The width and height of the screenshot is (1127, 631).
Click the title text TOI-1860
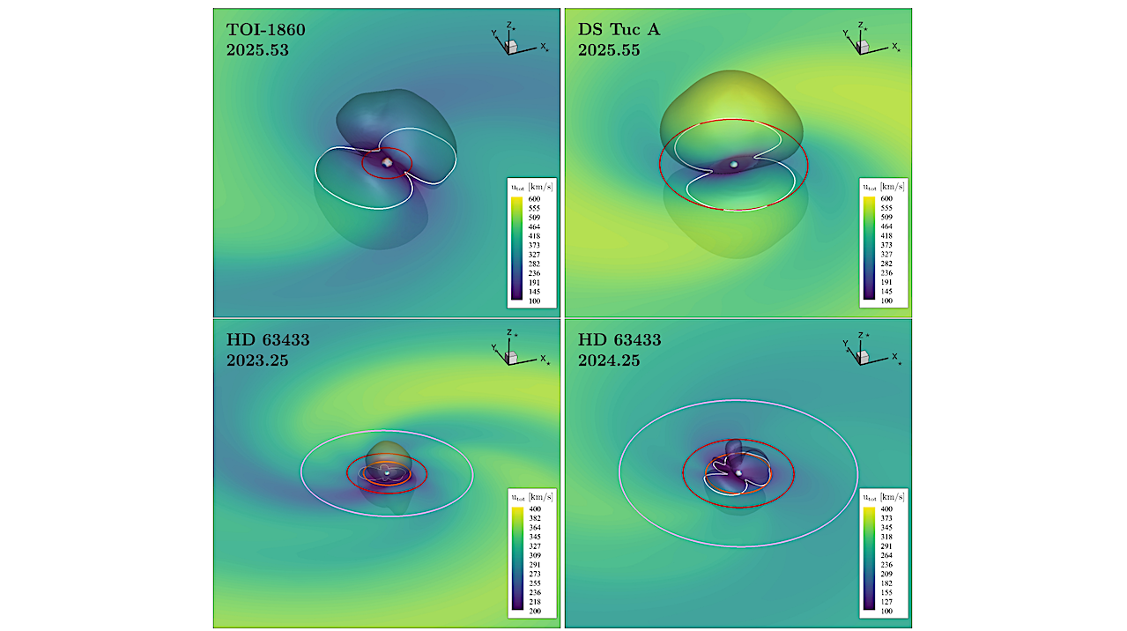point(265,30)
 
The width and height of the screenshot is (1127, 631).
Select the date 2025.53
point(257,50)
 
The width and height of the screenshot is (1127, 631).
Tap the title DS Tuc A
point(619,30)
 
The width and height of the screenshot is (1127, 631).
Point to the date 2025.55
point(609,50)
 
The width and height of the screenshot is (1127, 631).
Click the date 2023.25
point(257,360)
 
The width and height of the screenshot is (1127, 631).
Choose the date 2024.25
point(609,360)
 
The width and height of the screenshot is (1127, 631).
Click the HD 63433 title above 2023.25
point(268,340)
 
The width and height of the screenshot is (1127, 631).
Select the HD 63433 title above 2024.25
point(619,340)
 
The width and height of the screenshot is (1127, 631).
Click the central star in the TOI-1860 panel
point(386,162)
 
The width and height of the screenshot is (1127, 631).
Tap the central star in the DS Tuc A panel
point(733,164)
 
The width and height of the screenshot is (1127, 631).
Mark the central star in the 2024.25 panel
point(738,473)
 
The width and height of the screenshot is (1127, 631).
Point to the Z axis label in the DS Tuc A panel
point(863,26)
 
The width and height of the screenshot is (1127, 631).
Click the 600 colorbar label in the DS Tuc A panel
point(886,199)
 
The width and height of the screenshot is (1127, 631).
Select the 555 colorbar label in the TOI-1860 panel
point(534,208)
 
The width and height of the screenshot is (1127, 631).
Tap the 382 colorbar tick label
point(534,518)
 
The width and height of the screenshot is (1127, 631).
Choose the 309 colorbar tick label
point(534,555)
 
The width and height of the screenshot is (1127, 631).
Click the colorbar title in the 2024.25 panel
point(884,497)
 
